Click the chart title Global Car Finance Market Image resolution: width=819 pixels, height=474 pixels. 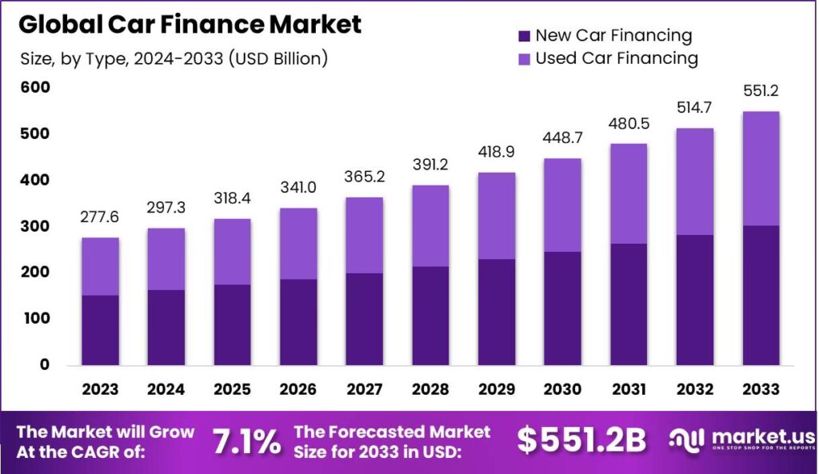point(190,25)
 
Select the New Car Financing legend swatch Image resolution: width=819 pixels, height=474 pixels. point(525,36)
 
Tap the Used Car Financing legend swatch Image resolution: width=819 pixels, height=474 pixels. point(525,58)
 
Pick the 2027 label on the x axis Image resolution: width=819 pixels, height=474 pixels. point(364,389)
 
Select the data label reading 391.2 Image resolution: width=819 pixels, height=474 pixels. point(429,165)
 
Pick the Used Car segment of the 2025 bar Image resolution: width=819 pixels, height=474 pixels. point(232,252)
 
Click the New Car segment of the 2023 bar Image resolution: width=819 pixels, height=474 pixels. point(100,329)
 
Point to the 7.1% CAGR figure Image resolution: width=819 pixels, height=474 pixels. point(246,440)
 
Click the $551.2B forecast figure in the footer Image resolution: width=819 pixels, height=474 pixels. point(581,440)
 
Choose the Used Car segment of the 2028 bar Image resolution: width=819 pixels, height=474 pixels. point(429,226)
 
